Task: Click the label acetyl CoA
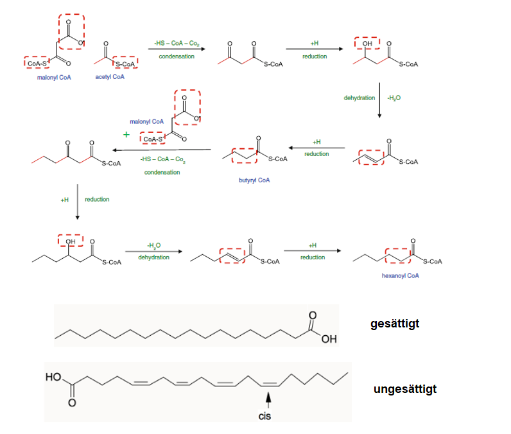pyautogui.click(x=110, y=77)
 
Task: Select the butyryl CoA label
pyautogui.click(x=254, y=180)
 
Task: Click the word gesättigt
pyautogui.click(x=395, y=324)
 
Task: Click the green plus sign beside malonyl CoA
pyautogui.click(x=126, y=135)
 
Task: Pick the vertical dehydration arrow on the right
pyautogui.click(x=379, y=100)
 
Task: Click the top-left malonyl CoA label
pyautogui.click(x=54, y=77)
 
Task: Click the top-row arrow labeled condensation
pyautogui.click(x=177, y=50)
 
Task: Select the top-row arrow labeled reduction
pyautogui.click(x=314, y=49)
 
